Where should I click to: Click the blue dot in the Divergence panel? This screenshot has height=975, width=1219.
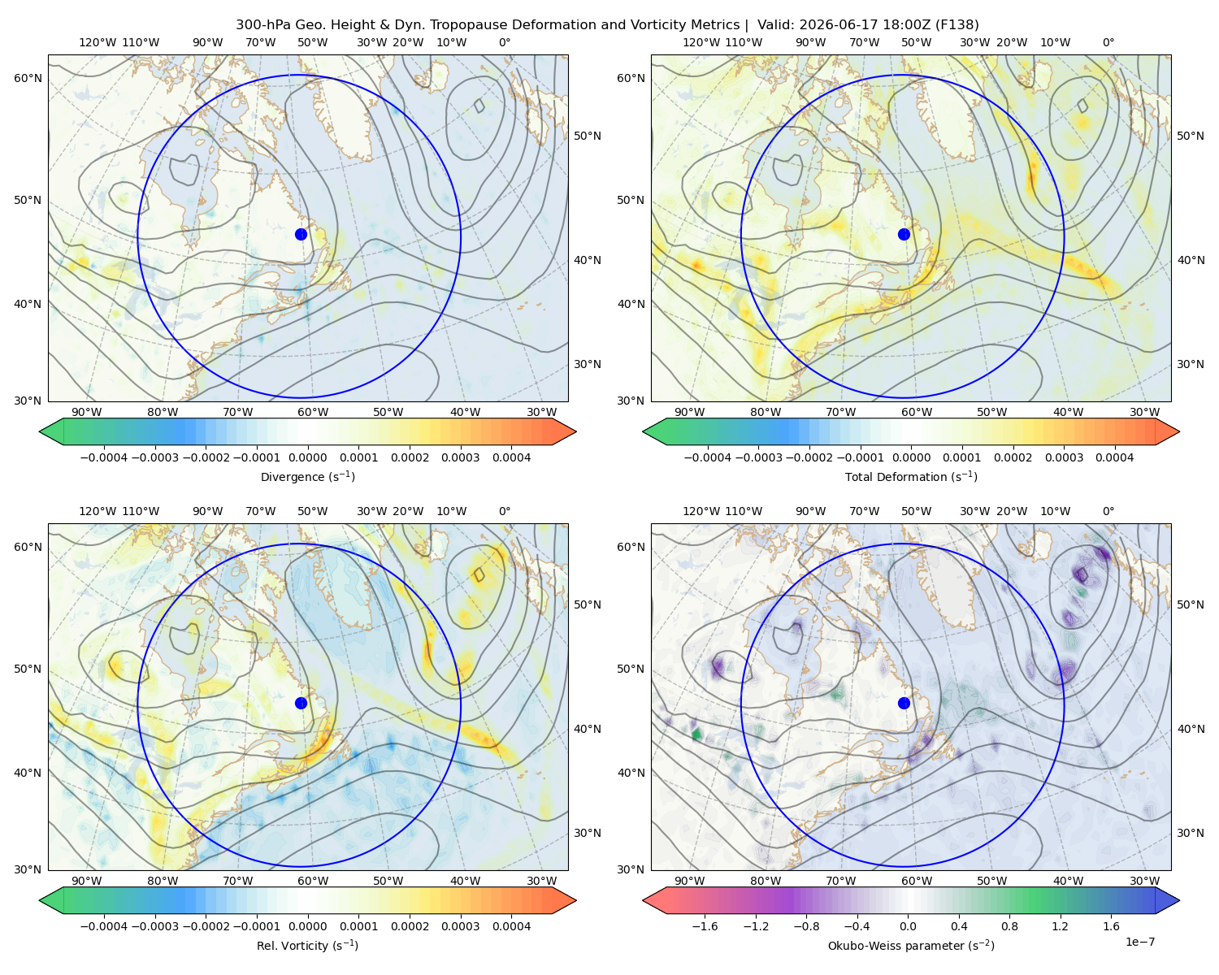point(301,235)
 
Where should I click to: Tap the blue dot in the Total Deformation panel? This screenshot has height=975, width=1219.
point(904,235)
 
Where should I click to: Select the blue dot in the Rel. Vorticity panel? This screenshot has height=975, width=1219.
point(301,703)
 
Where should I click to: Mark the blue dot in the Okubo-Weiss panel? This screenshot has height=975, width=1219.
point(904,703)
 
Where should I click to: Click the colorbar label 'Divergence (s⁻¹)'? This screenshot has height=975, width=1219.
point(307,477)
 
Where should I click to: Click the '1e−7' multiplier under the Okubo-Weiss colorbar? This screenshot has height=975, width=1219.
point(1139,942)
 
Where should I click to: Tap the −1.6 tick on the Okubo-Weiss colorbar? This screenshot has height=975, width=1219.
point(705,926)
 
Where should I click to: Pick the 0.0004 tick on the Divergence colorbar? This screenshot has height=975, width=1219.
point(511,457)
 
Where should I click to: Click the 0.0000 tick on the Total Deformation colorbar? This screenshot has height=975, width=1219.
point(911,457)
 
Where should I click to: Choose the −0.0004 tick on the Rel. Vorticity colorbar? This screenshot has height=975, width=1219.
point(104,926)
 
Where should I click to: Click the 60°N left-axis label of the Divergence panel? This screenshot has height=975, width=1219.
point(28,78)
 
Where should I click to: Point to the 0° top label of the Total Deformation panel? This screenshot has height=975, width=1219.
point(1108,42)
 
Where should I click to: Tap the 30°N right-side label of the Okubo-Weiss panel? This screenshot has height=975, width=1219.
point(1191,833)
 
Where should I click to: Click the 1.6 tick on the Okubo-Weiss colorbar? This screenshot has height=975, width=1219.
point(1112,926)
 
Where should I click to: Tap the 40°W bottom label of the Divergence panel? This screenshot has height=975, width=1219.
point(465,412)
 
